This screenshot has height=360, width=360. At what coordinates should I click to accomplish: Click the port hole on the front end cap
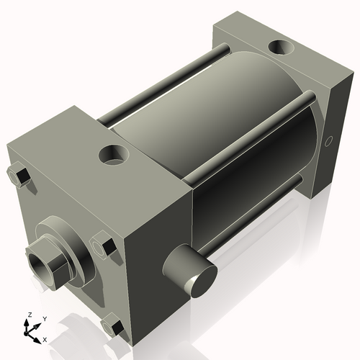[x=113, y=153]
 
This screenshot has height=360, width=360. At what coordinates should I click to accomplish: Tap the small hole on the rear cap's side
[x=330, y=140]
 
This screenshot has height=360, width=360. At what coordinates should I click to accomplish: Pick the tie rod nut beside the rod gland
[x=102, y=248]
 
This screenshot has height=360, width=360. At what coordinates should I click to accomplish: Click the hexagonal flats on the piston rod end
[x=48, y=263]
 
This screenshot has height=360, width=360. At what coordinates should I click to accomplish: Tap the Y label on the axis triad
[x=44, y=318]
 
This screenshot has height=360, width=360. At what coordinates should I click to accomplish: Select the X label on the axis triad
[x=45, y=338]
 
